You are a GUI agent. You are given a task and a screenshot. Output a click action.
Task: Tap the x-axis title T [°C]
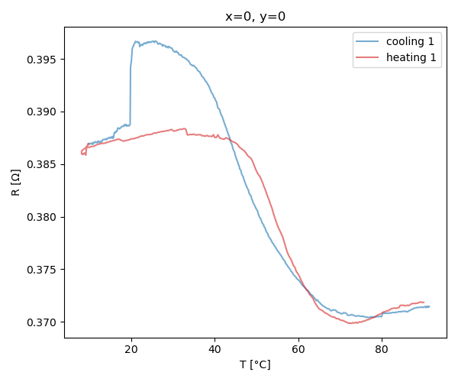255,364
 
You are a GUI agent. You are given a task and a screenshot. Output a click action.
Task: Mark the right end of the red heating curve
424,302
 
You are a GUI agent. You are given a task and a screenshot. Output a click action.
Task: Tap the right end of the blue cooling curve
429,306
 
